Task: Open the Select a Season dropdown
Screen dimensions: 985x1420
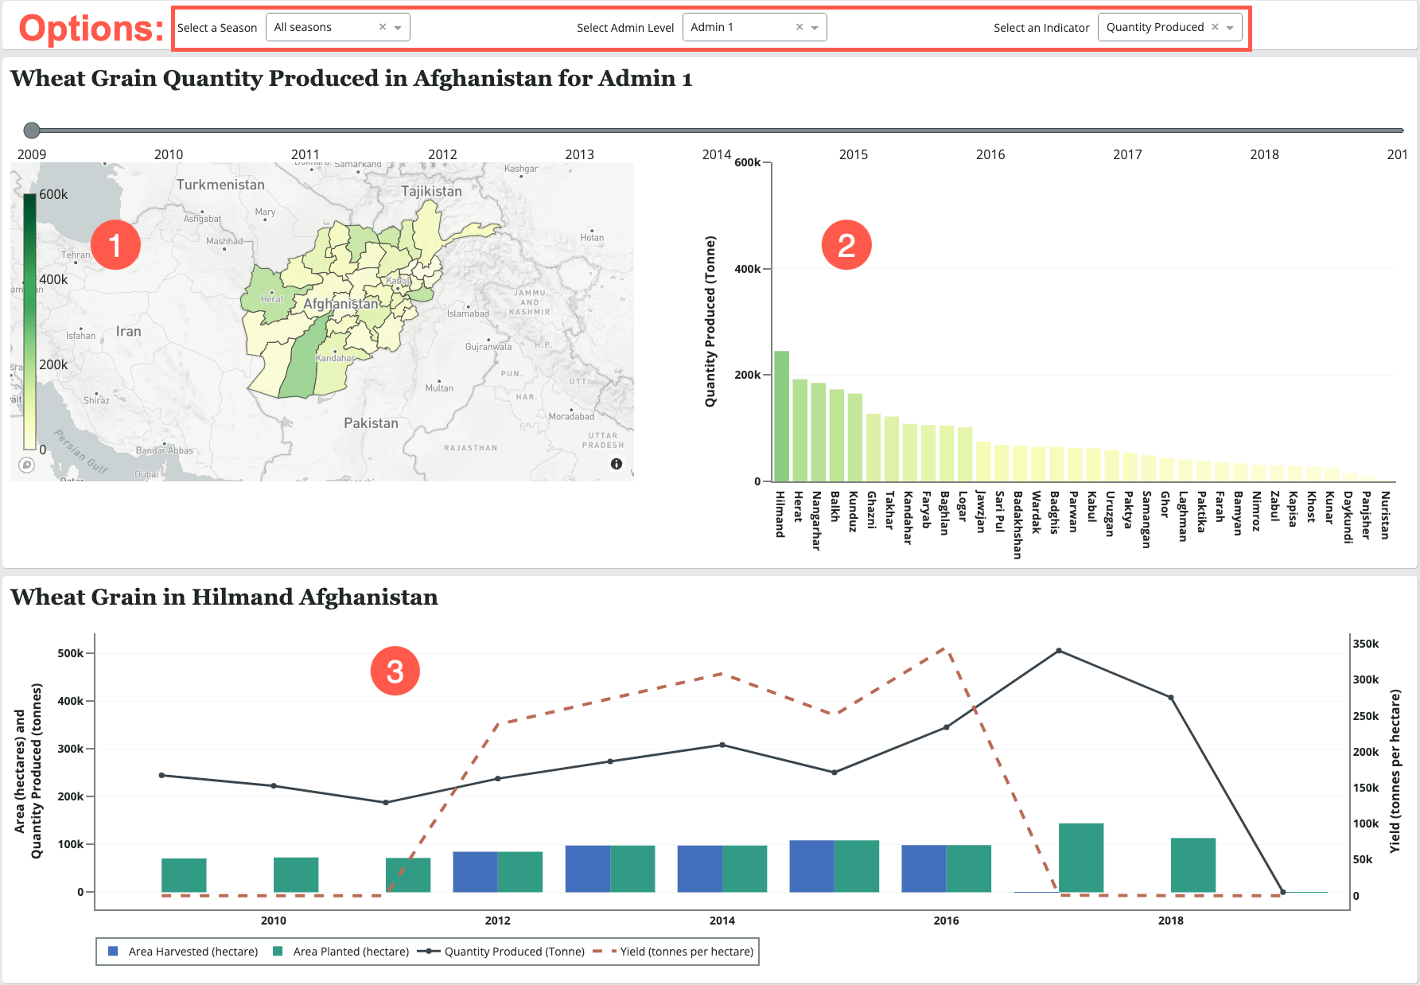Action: pyautogui.click(x=337, y=27)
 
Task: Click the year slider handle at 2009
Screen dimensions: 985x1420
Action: pyautogui.click(x=32, y=130)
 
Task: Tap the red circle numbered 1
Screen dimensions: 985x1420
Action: pyautogui.click(x=115, y=245)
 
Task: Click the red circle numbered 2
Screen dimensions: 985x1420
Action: pyautogui.click(x=846, y=245)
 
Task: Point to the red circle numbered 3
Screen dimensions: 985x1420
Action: pyautogui.click(x=395, y=672)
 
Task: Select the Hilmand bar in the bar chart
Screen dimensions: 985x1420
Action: pyautogui.click(x=781, y=416)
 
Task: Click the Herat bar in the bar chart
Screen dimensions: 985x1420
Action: pyautogui.click(x=799, y=430)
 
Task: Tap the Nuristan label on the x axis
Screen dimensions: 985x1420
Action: pyautogui.click(x=1385, y=515)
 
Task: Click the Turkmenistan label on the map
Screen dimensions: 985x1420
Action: pyautogui.click(x=220, y=185)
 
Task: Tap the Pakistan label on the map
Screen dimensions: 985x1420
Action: pyautogui.click(x=371, y=423)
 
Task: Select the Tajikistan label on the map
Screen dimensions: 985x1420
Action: pyautogui.click(x=431, y=191)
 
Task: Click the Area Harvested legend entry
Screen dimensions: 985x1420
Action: pyautogui.click(x=184, y=952)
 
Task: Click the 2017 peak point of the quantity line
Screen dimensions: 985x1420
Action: pyautogui.click(x=1059, y=651)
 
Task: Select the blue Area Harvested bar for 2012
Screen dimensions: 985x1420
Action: pyautogui.click(x=475, y=872)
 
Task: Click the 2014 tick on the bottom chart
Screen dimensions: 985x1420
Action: pyautogui.click(x=722, y=921)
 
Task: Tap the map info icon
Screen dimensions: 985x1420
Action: pyautogui.click(x=617, y=464)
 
